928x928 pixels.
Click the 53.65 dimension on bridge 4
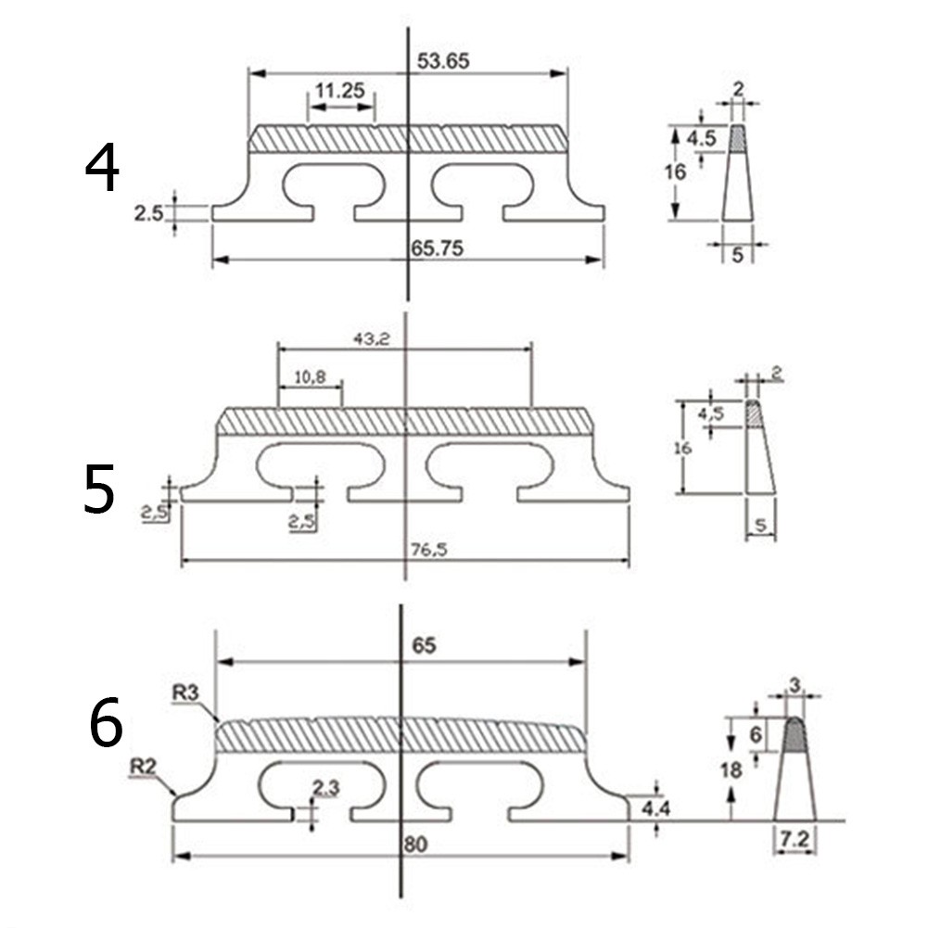coord(444,62)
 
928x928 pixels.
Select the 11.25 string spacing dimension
coord(339,91)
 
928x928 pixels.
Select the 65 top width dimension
coord(424,646)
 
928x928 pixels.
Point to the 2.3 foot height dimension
coord(325,789)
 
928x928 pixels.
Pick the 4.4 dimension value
coord(656,808)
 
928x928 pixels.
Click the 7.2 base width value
coord(795,841)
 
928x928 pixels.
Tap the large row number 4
coord(102,169)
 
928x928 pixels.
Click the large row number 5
coord(99,490)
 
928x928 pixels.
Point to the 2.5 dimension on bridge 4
coord(148,213)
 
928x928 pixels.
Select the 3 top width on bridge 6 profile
coord(795,685)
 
